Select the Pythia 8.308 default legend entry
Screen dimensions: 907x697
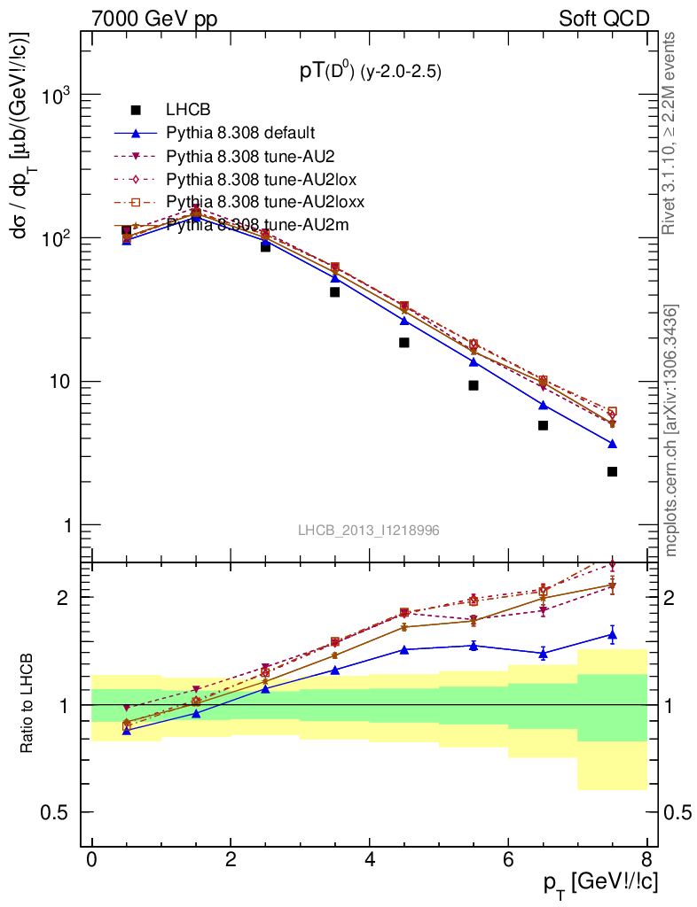240,133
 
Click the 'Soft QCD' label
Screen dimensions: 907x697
604,19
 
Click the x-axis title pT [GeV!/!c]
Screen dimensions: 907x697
600,883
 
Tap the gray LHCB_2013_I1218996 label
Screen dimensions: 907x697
368,530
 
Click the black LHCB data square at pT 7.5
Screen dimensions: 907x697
612,471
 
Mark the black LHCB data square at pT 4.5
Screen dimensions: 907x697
404,342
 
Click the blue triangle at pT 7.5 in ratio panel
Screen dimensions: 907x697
612,634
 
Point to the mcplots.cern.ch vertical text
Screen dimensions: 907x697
672,430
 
